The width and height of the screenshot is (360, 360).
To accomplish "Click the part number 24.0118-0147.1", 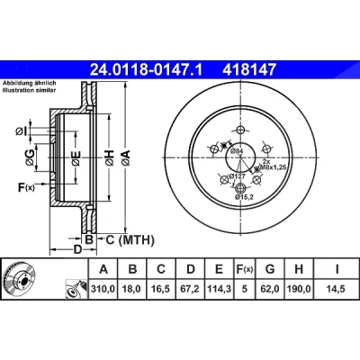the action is point(147,69).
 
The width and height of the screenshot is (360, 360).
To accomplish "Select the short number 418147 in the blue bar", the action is point(248,69).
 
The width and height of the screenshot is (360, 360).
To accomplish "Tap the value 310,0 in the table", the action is point(103,289).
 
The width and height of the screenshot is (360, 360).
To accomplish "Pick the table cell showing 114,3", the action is point(220,289).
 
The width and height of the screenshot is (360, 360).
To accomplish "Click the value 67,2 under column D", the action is point(191,289).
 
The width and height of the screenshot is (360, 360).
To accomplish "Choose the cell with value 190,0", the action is point(299,289).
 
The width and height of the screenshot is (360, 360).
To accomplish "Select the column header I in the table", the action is point(337,269).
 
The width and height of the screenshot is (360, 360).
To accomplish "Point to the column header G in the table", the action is point(270,269).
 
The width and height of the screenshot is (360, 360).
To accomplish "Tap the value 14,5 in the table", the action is point(336,289).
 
